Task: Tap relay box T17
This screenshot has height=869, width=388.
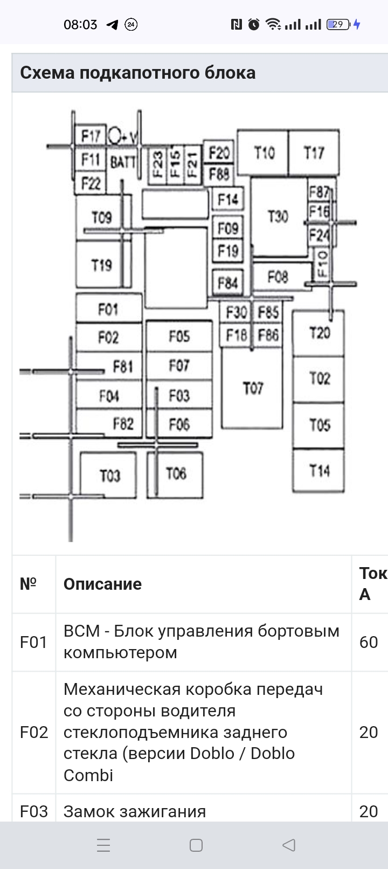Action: pos(314,153)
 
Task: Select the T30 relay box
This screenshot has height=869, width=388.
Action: pos(278,217)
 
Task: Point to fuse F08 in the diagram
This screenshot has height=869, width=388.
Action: pos(278,277)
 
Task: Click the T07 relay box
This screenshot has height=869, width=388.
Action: pos(252,388)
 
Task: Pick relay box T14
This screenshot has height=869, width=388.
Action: pos(318,471)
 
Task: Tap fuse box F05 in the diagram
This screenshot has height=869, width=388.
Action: pos(179,336)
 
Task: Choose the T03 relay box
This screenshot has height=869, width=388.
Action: pos(109,475)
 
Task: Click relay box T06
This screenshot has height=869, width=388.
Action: pos(176,474)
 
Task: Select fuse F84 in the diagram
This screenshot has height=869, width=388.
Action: pos(227,282)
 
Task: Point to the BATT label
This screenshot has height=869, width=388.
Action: pos(123,161)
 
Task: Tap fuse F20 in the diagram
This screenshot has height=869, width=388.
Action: pos(219,153)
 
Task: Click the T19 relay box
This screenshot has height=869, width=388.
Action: pos(101,265)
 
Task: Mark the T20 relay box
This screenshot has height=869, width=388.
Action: pos(319,333)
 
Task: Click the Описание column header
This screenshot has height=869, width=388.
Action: pos(102,584)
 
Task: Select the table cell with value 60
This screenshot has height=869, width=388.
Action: pos(369,642)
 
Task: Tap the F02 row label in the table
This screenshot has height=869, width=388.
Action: pos(33,732)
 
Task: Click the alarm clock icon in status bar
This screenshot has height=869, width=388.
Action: pos(254,24)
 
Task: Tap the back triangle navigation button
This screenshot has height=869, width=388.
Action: pos(289,845)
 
